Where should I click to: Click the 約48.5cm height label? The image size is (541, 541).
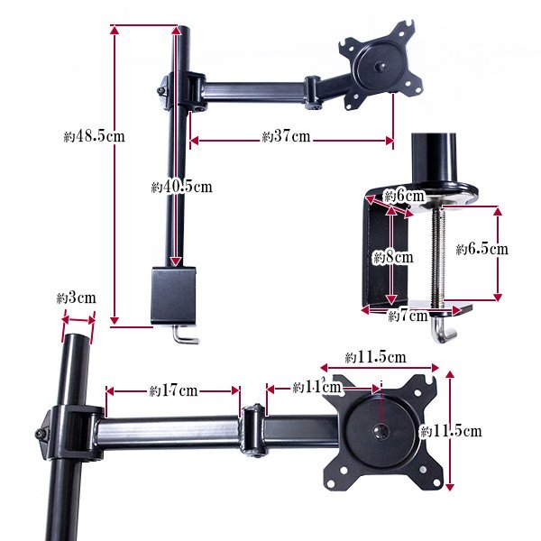[x=94, y=136]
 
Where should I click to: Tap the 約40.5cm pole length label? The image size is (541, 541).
[x=181, y=187]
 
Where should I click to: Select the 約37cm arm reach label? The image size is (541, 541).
[x=286, y=136]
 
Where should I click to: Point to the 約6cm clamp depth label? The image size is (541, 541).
[x=404, y=197]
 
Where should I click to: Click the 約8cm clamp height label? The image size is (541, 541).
[x=393, y=257]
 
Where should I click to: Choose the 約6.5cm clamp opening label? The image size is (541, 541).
[x=482, y=249]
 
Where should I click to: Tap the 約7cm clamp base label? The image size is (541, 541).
[x=408, y=316]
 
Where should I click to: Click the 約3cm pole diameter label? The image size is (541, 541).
[x=77, y=298]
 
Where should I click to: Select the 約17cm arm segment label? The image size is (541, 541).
[x=173, y=391]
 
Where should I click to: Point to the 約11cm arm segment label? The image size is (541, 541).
[x=316, y=387]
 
